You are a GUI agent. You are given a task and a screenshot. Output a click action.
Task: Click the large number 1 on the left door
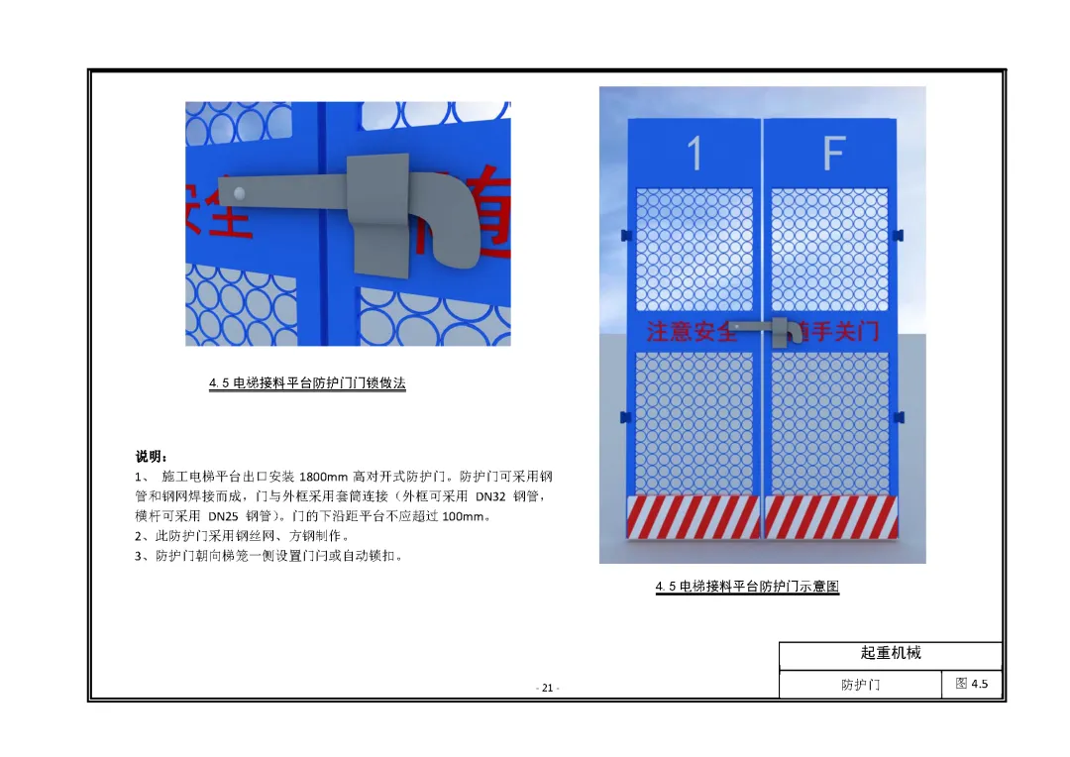[695, 153]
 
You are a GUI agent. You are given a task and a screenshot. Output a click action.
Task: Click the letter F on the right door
[833, 153]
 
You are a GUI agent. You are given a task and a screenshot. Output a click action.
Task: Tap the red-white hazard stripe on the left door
[694, 516]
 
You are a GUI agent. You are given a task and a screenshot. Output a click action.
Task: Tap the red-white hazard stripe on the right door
[831, 516]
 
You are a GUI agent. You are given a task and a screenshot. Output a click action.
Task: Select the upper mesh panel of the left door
[694, 250]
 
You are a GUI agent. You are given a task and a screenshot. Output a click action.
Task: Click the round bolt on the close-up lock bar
[239, 191]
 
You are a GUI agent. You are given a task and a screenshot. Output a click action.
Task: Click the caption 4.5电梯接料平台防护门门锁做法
[307, 383]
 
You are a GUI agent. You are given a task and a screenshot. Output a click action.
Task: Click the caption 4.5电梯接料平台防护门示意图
[747, 587]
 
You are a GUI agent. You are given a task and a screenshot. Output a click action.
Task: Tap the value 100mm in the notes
[466, 516]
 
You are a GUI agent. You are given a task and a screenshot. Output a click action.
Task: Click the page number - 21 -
[547, 688]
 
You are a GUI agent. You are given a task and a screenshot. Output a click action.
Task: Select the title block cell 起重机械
[890, 654]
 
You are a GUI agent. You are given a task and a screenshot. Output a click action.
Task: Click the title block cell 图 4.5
[971, 684]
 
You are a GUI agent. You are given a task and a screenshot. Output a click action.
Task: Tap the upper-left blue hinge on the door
[625, 235]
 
